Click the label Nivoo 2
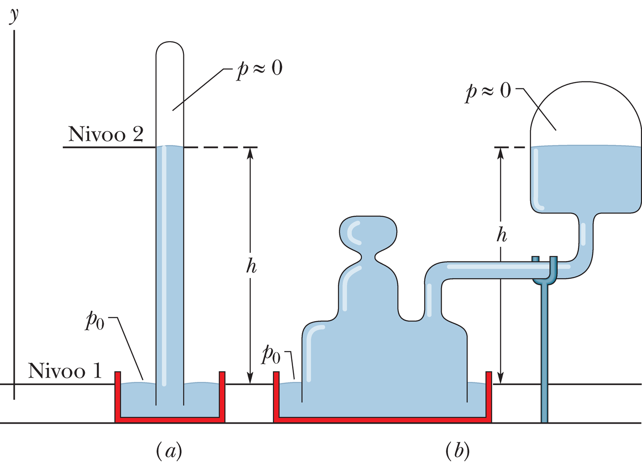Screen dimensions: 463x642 [x=105, y=134]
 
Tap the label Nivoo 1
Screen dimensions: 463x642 [x=65, y=370]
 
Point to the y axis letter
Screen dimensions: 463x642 [x=14, y=15]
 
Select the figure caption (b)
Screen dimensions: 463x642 [x=457, y=451]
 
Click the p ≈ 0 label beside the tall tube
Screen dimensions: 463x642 [x=260, y=69]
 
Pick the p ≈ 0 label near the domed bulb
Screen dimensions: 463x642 [x=488, y=91]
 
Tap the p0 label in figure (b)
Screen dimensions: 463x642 [x=271, y=354]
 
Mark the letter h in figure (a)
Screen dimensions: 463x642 [x=251, y=266]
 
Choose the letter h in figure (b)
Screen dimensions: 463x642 [x=502, y=235]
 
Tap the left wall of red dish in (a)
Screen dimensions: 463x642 [x=117, y=394]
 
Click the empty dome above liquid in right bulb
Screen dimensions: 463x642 [x=586, y=114]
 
